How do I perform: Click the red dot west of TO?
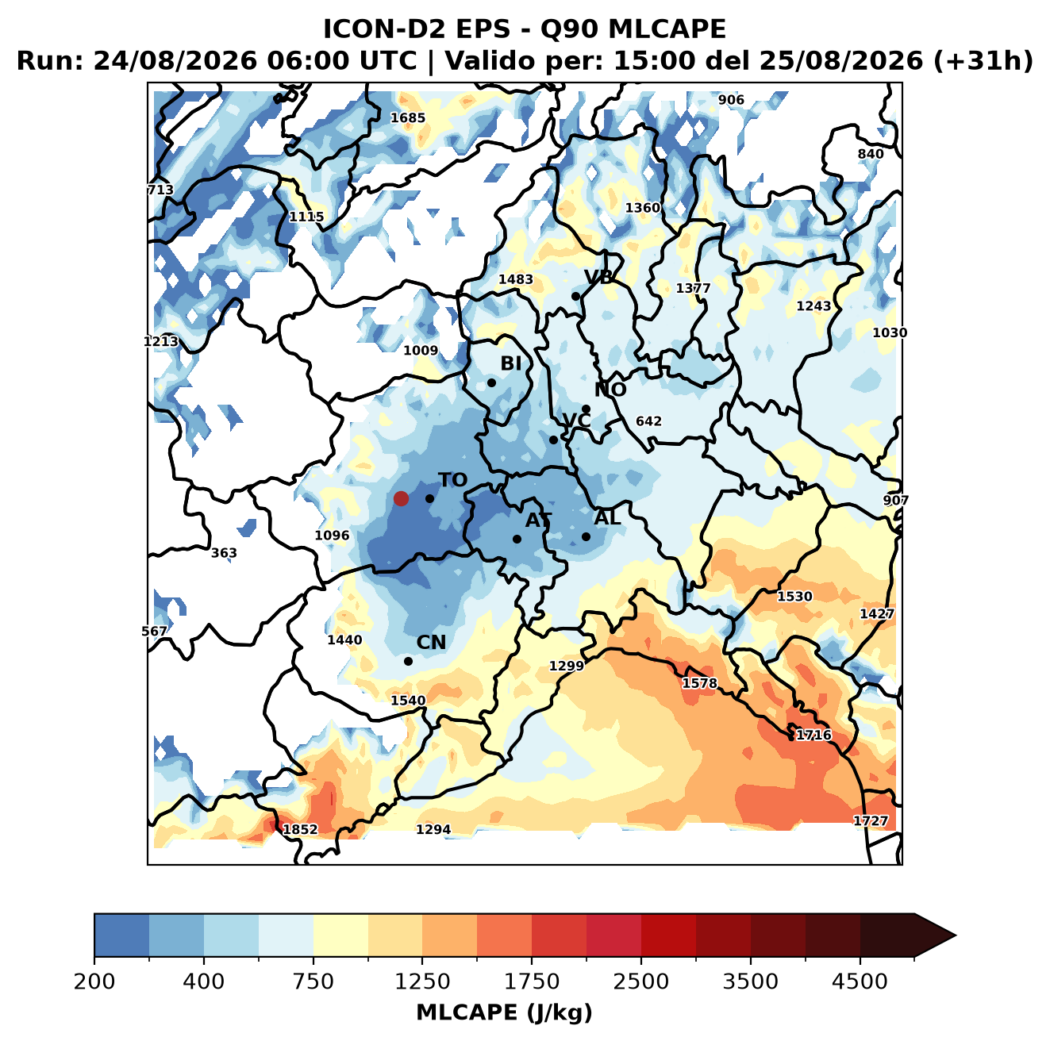click(x=401, y=498)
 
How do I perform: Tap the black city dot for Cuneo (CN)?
click(x=408, y=661)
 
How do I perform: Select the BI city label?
click(x=510, y=363)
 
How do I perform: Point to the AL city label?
click(x=607, y=517)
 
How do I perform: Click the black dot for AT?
click(x=517, y=539)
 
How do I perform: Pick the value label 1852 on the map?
click(x=300, y=829)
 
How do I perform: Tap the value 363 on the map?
click(x=223, y=553)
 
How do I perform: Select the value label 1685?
click(x=408, y=117)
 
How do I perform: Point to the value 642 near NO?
click(x=648, y=421)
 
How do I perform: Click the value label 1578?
click(x=700, y=682)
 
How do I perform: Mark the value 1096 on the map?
click(x=332, y=536)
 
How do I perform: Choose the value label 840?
click(x=870, y=154)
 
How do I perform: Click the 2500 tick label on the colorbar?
click(x=640, y=981)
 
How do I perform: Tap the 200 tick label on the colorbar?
click(x=94, y=981)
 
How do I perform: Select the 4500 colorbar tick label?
click(x=860, y=981)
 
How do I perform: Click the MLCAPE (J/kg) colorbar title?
click(x=504, y=1012)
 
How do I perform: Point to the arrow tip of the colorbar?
click(x=956, y=935)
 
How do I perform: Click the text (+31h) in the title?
click(x=983, y=61)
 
